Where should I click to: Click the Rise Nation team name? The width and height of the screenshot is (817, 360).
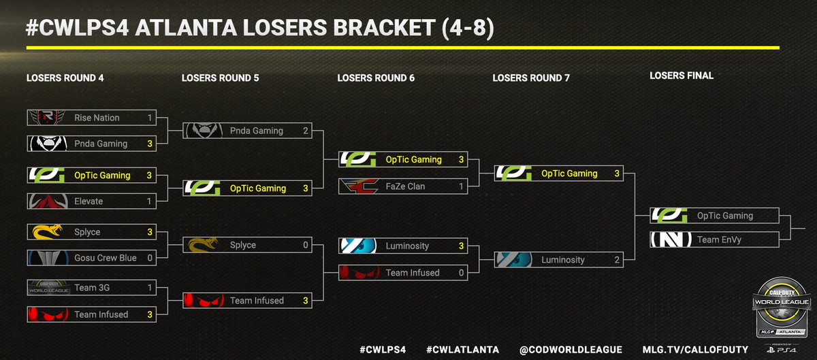pos(97,118)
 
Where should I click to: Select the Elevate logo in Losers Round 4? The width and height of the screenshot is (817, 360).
pos(46,201)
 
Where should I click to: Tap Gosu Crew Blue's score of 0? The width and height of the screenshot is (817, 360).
pos(149,258)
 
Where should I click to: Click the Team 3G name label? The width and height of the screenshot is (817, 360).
pos(92,288)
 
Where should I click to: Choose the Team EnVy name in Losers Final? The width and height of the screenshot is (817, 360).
pos(719,240)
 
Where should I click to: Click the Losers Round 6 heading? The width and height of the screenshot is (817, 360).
pos(376,78)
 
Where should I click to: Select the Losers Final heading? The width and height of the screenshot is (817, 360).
pos(682,76)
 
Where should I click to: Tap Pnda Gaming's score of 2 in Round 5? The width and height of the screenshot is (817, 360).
pos(306,131)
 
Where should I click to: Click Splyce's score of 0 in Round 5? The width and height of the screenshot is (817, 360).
pos(306,245)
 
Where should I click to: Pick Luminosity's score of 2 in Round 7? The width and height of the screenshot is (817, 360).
pos(617,260)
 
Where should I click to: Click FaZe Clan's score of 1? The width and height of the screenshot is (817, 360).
pos(461,186)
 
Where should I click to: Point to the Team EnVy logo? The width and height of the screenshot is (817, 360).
pos(671,240)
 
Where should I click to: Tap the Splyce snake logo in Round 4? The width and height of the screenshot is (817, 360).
pos(46,232)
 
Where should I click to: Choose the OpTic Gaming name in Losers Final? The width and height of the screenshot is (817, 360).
pos(724,216)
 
